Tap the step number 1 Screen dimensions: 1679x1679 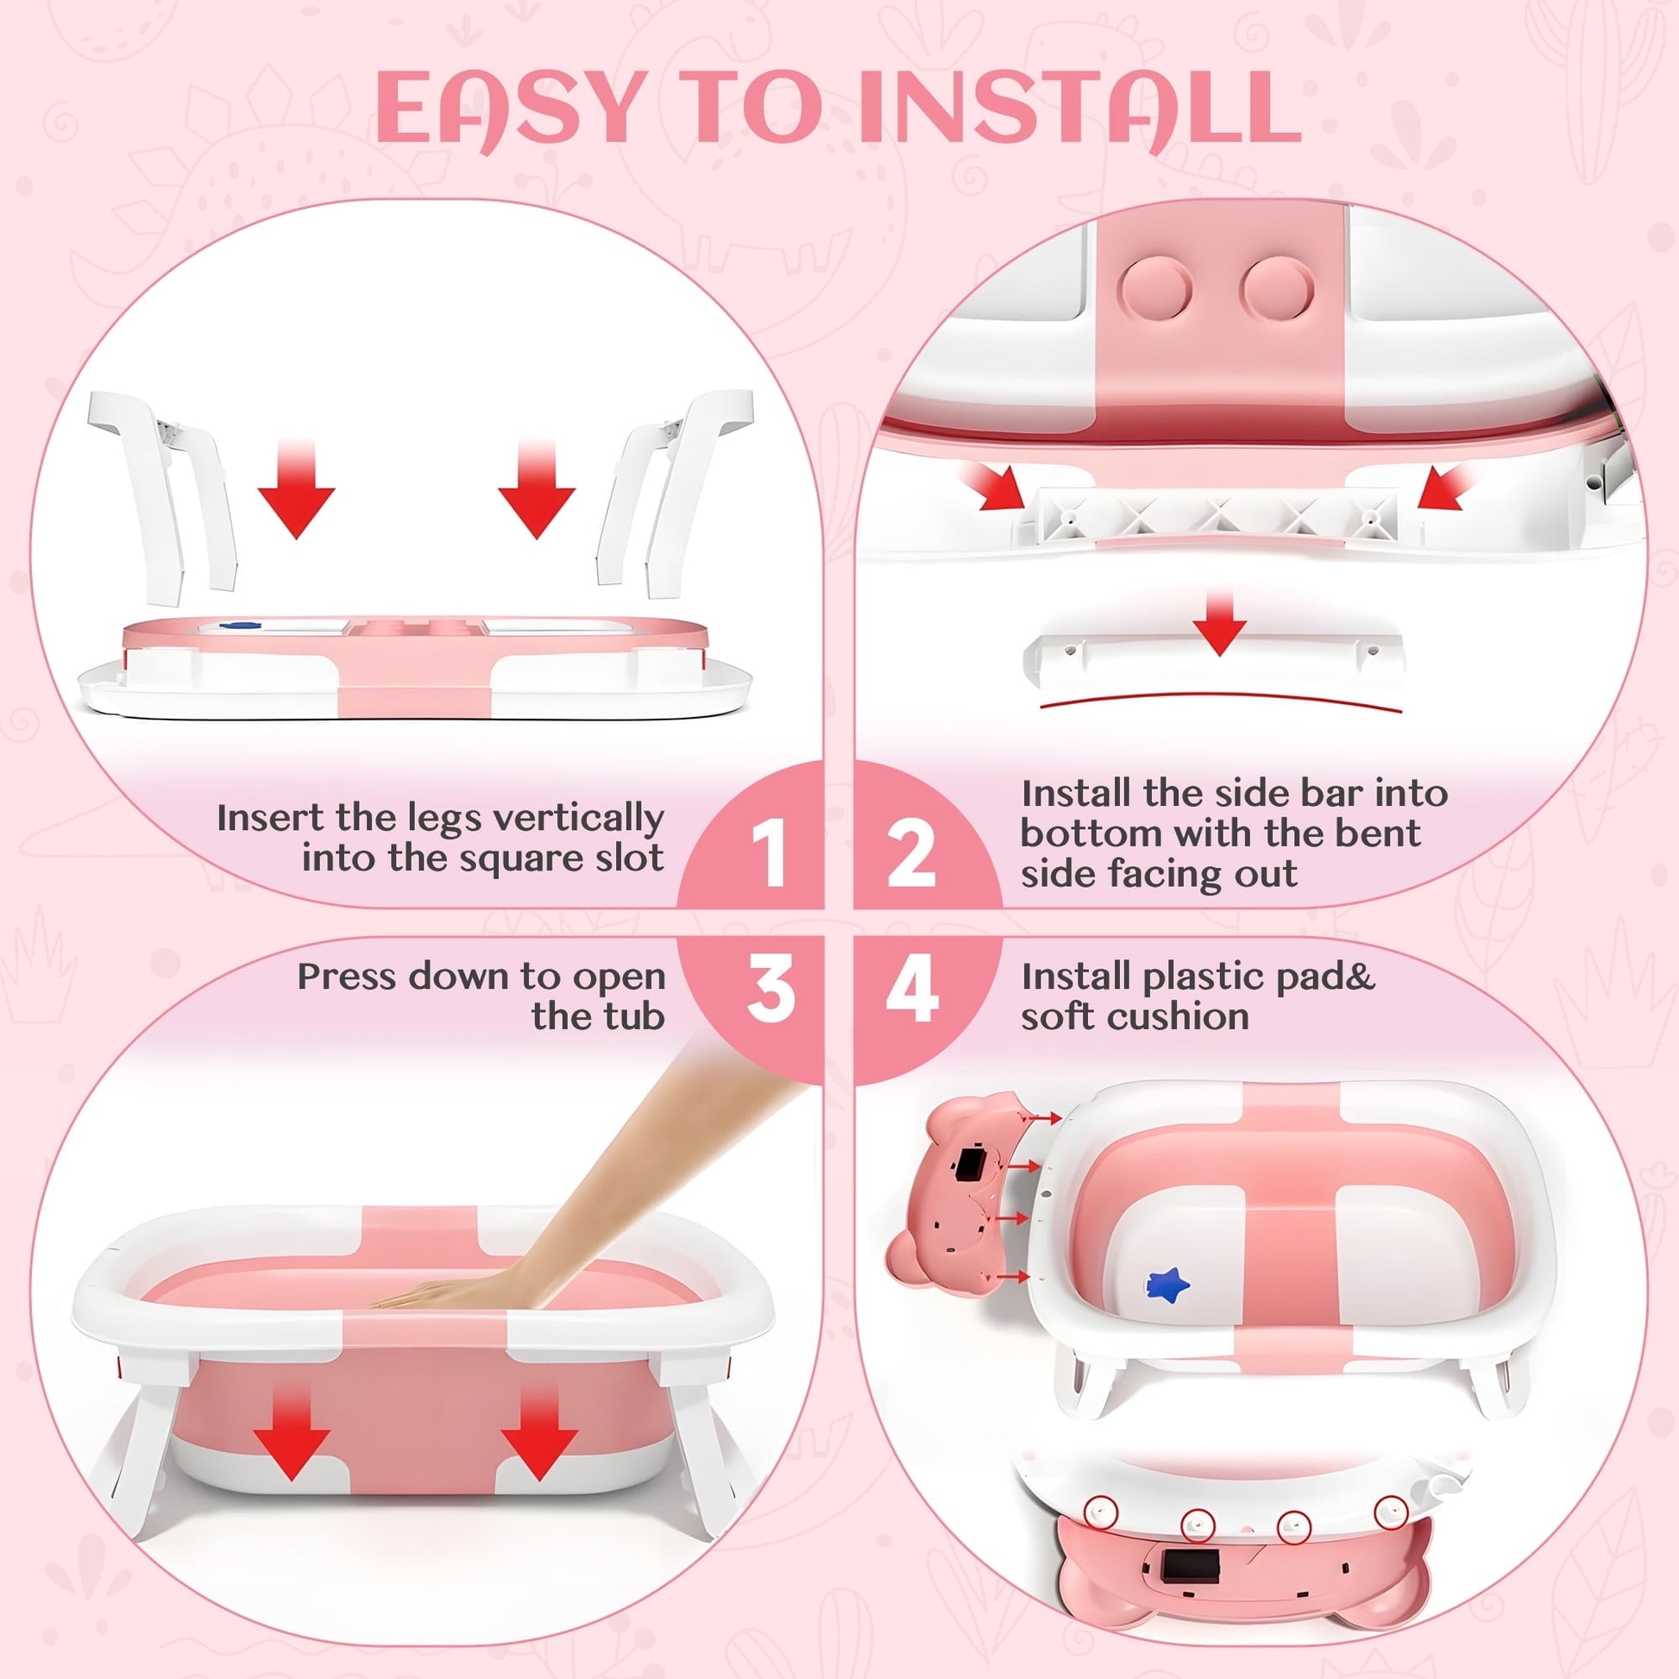769,853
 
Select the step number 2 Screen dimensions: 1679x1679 910,853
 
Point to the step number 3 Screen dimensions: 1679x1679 770,988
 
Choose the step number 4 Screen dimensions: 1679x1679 912,988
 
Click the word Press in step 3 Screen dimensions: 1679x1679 347,977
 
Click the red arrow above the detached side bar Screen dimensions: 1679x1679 1219,622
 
